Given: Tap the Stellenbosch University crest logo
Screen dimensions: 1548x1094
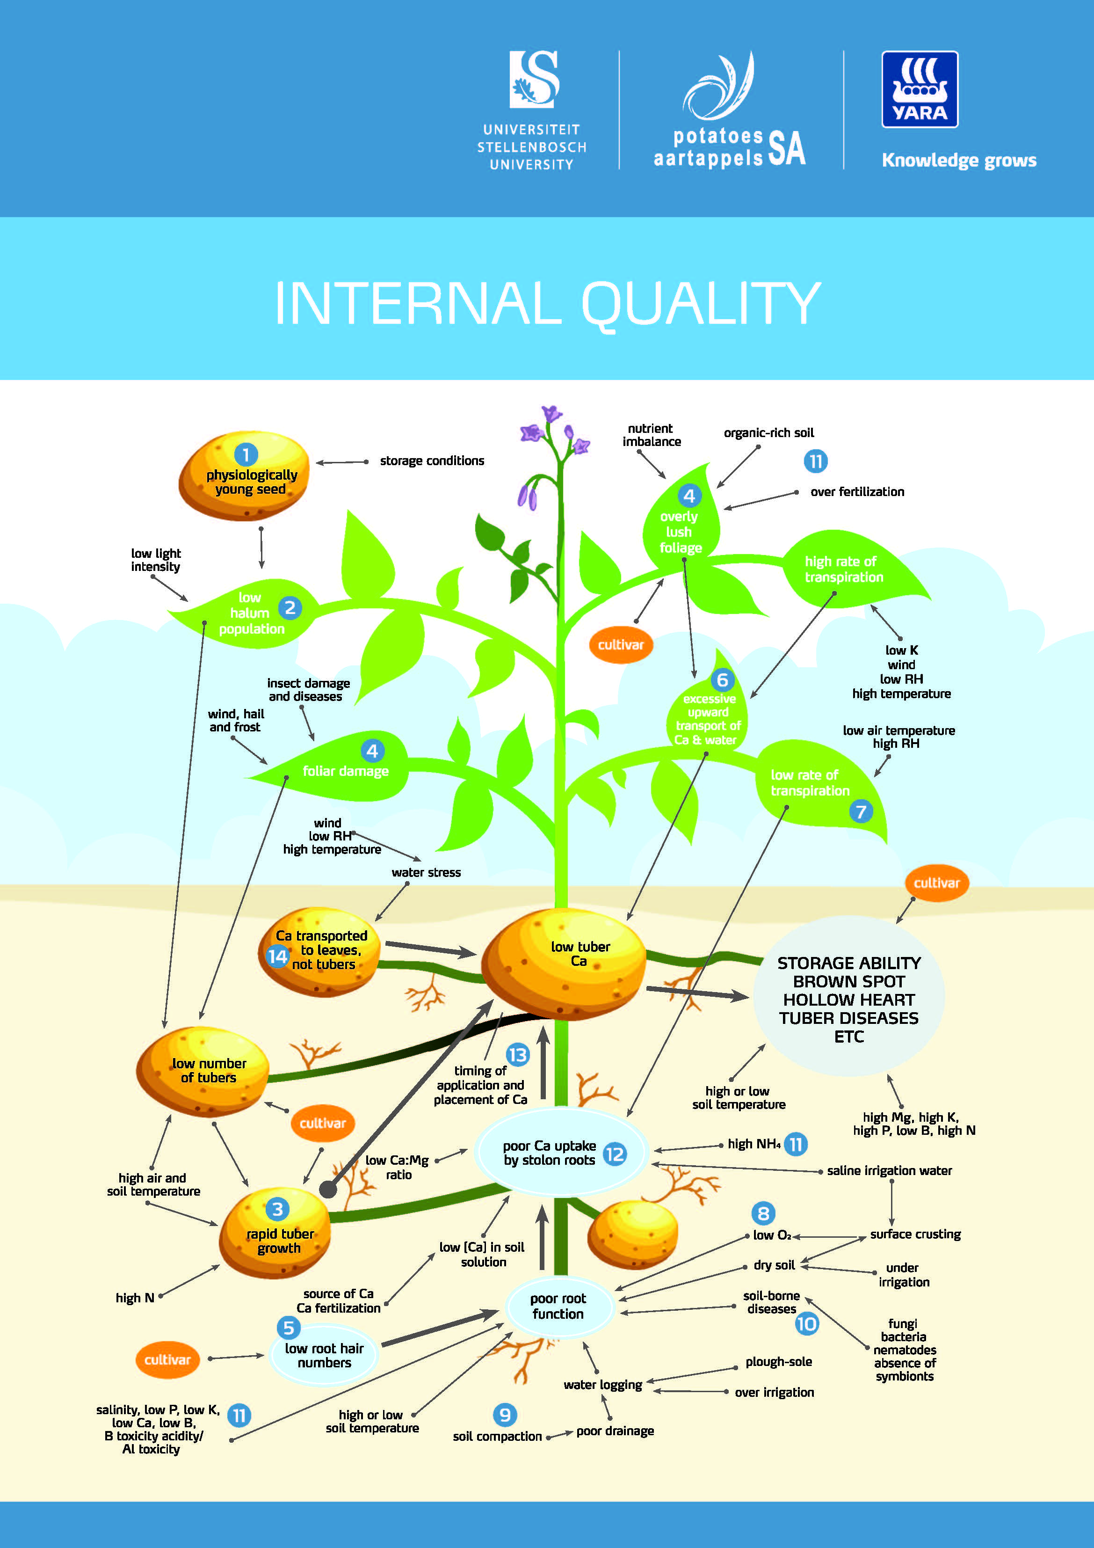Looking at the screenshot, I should point(534,80).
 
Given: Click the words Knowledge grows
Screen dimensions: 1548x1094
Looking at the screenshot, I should point(958,161).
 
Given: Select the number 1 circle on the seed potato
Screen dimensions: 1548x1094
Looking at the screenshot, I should point(246,454).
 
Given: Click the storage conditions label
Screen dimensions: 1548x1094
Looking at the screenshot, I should point(431,460).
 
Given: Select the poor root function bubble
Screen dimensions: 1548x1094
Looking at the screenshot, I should point(558,1306).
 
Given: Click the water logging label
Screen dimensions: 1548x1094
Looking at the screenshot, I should point(602,1384).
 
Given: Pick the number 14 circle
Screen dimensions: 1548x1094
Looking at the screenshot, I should point(277,956).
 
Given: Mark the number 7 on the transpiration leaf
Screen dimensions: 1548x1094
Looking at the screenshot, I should point(861,811).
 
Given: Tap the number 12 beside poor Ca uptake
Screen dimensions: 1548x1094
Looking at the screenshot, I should point(614,1154).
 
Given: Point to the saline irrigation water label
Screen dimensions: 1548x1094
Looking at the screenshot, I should point(889,1170).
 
